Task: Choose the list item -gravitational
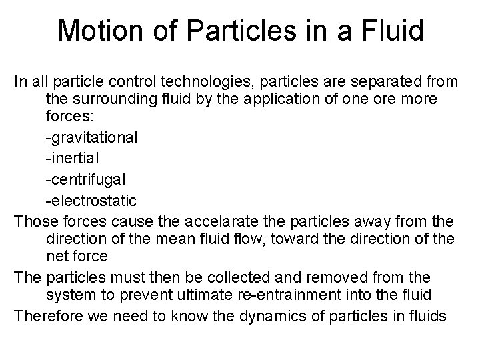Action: click(91, 139)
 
